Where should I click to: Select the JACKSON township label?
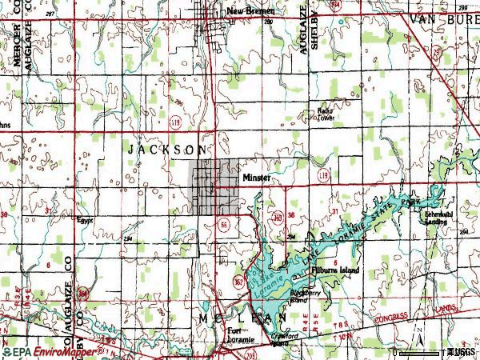point(168,150)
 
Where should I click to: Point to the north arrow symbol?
point(418,333)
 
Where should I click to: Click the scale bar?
point(426,350)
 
